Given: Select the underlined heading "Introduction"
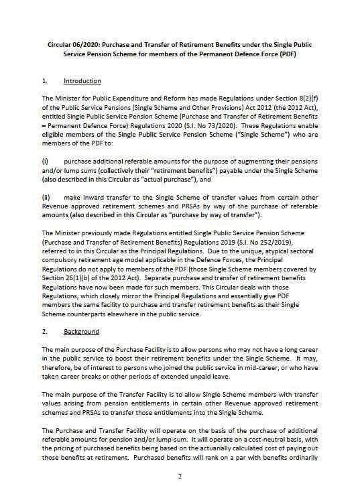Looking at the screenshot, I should (x=81, y=81).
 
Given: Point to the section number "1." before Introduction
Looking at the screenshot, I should (x=44, y=81).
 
